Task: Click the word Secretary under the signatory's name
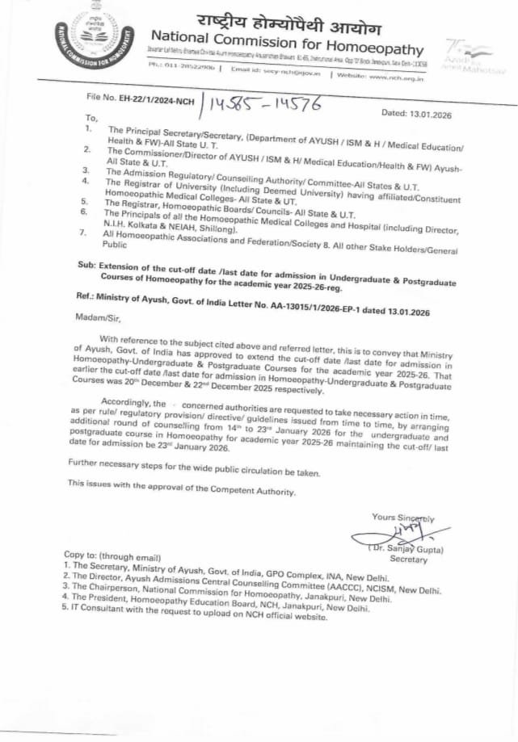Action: tap(408, 559)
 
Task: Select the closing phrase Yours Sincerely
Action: tap(402, 518)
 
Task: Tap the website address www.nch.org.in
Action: tap(397, 75)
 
